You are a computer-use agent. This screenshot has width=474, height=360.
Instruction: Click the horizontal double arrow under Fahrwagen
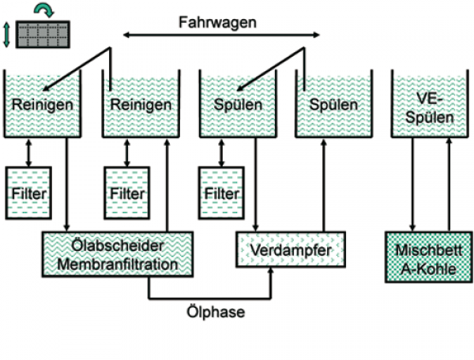pyautogui.click(x=222, y=35)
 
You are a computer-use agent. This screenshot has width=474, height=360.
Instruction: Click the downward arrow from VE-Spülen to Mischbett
pyautogui.click(x=412, y=185)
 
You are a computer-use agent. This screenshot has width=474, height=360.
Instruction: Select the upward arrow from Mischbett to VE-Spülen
pyautogui.click(x=450, y=185)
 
